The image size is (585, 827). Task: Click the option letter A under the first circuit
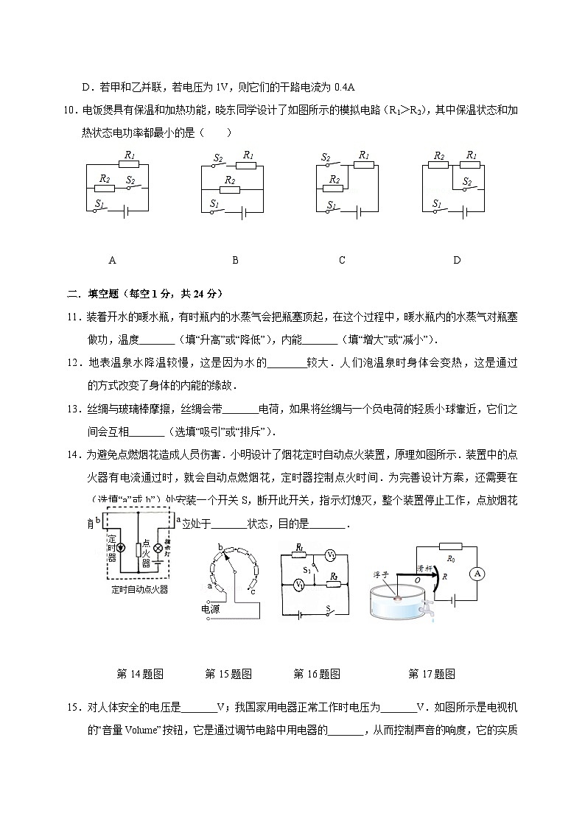[112, 260]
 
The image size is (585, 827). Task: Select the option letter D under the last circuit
[457, 260]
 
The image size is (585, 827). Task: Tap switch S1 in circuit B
[216, 211]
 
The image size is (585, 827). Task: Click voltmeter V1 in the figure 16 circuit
[299, 585]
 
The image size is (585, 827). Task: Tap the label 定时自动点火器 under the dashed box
[139, 589]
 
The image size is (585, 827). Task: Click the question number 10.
[71, 110]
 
